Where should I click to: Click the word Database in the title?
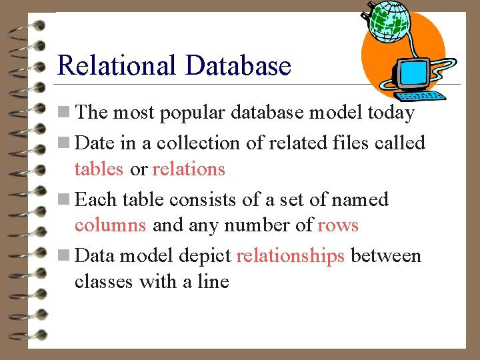click(x=238, y=66)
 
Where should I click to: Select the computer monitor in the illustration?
click(x=412, y=75)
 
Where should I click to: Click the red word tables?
click(x=99, y=169)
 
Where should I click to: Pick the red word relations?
click(x=189, y=169)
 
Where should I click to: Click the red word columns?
click(x=110, y=225)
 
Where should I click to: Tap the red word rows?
click(x=338, y=225)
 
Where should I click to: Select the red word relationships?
click(x=290, y=256)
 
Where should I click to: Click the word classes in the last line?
click(x=103, y=282)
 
